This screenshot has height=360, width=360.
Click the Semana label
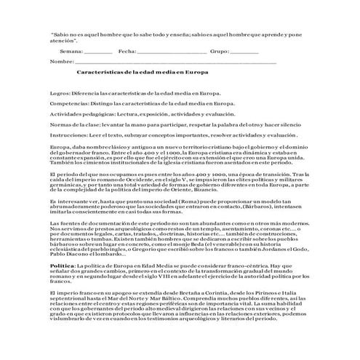click(x=72, y=52)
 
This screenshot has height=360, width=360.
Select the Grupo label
click(x=219, y=52)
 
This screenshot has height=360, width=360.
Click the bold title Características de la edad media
click(x=143, y=73)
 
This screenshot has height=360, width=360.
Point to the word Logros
click(x=60, y=94)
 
